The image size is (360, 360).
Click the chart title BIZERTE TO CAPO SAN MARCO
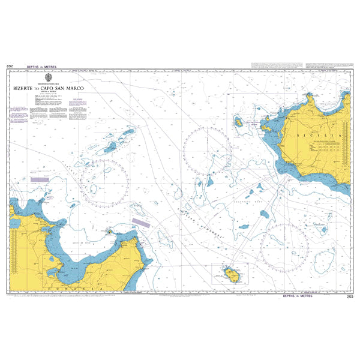point(54,88)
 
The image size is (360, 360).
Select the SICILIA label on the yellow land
point(319,136)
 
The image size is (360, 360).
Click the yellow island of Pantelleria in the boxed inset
point(230,274)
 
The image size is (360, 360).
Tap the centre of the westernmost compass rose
point(104,183)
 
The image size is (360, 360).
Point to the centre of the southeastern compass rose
point(285,246)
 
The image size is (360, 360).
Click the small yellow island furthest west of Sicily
point(238,122)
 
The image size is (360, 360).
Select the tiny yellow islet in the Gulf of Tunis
point(109,231)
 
